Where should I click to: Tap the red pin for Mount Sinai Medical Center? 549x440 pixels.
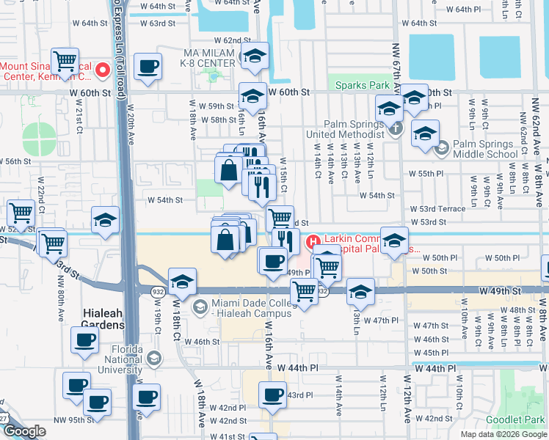pyautogui.click(x=103, y=70)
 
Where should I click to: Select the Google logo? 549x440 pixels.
pyautogui.click(x=23, y=431)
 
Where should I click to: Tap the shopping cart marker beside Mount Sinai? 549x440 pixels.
pyautogui.click(x=65, y=60)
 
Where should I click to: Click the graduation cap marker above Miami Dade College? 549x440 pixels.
pyautogui.click(x=181, y=281)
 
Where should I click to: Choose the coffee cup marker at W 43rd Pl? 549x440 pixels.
pyautogui.click(x=272, y=395)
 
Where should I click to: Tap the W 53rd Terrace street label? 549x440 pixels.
pyautogui.click(x=443, y=209)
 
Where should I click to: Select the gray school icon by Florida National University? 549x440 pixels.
pyautogui.click(x=153, y=359)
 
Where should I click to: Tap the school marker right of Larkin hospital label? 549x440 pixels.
pyautogui.click(x=395, y=243)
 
